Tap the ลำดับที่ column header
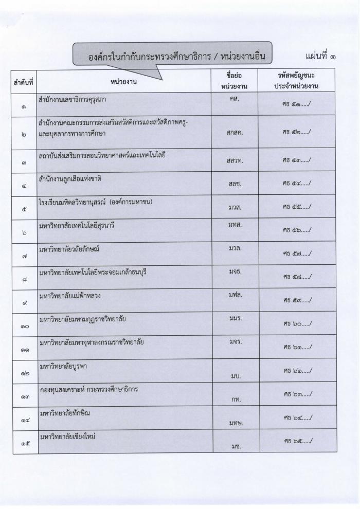pos(24,81)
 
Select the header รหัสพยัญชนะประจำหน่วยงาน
pos(296,81)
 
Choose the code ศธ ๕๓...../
pos(296,160)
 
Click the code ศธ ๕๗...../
pos(296,253)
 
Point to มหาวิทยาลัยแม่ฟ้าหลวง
pos(71,296)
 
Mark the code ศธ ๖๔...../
pos(296,416)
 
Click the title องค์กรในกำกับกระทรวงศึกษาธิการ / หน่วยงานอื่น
pos(172,56)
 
